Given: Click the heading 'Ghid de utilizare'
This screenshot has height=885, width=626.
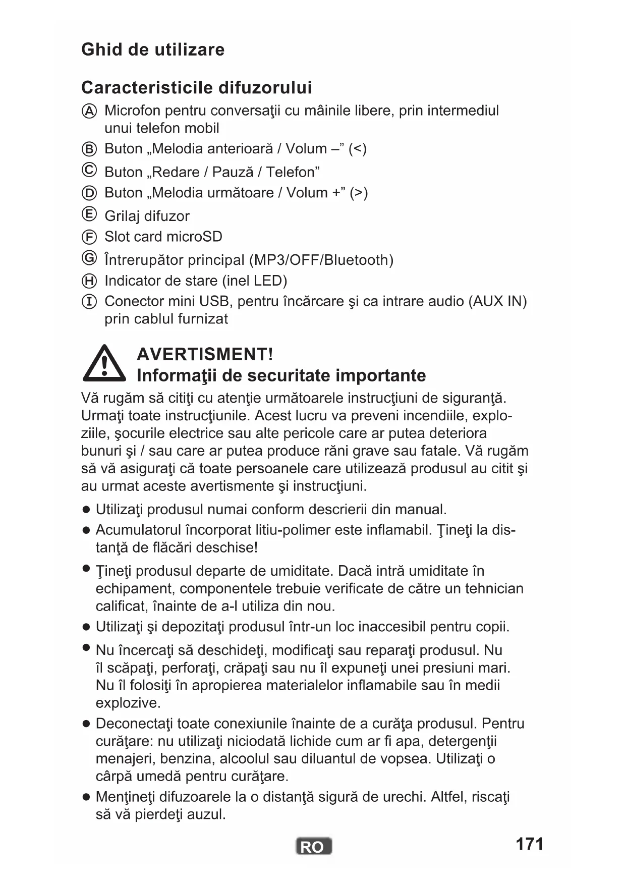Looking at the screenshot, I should [153, 49].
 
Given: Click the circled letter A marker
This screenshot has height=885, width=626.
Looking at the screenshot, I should [89, 111].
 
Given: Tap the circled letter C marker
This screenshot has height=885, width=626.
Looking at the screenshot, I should [89, 171].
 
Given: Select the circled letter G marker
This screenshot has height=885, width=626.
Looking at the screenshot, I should [89, 258].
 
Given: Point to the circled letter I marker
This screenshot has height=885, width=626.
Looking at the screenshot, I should [89, 302].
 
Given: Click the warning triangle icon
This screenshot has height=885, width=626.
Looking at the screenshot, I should [104, 364].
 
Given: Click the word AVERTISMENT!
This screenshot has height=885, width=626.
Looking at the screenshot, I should [205, 354].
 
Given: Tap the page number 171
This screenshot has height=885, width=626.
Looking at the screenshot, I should [529, 844].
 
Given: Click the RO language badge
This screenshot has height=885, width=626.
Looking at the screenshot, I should [313, 846].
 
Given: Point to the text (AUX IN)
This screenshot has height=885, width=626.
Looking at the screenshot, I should [497, 301].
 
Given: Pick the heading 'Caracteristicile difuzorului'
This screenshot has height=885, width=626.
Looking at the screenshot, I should [196, 87].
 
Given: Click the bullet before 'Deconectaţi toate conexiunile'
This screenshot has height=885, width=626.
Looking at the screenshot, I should [86, 724].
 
